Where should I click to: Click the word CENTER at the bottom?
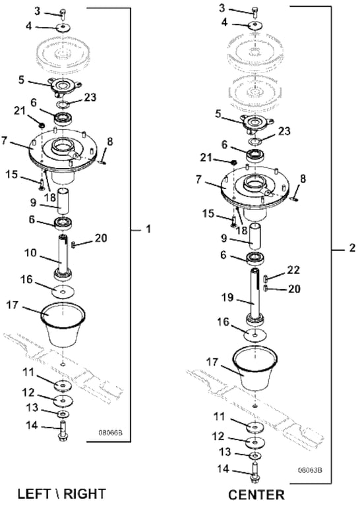pyautogui.click(x=256, y=495)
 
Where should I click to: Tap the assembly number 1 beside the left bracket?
pyautogui.click(x=148, y=229)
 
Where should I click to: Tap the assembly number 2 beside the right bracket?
pyautogui.click(x=351, y=248)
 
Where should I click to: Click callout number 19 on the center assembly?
pyautogui.click(x=227, y=298)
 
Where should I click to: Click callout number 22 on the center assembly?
pyautogui.click(x=293, y=269)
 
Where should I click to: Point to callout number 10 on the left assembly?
pyautogui.click(x=30, y=253)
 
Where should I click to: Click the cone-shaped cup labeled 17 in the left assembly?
pyautogui.click(x=63, y=324)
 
